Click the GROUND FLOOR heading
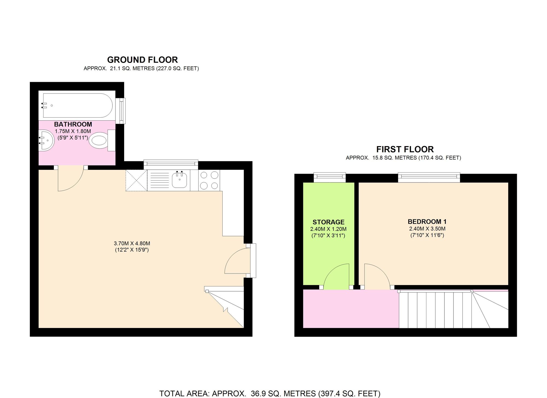click(142, 60)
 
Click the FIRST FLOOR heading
click(405, 149)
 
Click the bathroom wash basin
click(45, 140)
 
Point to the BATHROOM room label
click(73, 124)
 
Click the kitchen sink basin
click(180, 180)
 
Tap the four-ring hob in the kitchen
click(209, 180)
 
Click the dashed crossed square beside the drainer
click(136, 180)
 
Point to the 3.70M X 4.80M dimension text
click(132, 243)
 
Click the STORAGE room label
click(328, 222)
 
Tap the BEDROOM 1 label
click(427, 222)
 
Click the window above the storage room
click(329, 177)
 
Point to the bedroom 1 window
click(429, 177)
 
